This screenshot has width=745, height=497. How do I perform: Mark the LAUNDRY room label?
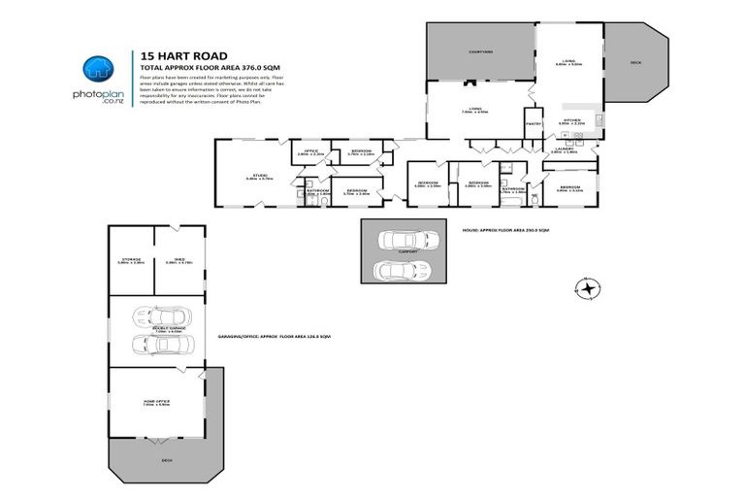click(x=565, y=149)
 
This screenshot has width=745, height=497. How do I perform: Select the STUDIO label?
click(x=250, y=176)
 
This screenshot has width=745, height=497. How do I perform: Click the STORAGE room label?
click(x=130, y=259)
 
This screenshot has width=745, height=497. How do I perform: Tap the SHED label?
click(x=178, y=259)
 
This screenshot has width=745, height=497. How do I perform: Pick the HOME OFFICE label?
click(x=156, y=402)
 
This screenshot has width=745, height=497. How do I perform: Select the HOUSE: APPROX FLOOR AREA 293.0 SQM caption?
click(x=501, y=230)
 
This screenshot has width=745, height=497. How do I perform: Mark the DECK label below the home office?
click(x=167, y=460)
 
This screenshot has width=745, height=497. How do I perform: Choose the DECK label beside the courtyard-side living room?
click(x=635, y=62)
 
